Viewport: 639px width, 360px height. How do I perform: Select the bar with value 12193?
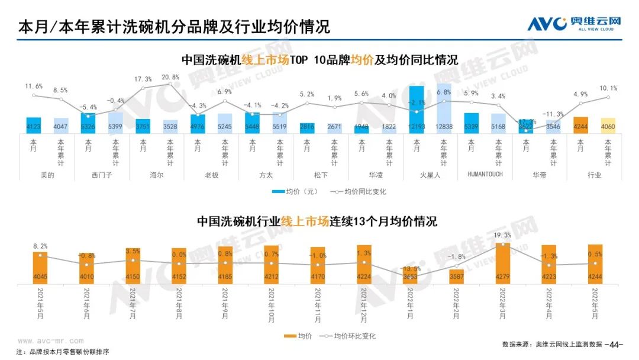(417, 110)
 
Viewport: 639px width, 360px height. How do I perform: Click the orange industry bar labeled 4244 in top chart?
(580, 125)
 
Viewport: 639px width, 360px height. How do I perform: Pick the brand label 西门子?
(102, 175)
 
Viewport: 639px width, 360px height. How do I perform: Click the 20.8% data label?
(170, 78)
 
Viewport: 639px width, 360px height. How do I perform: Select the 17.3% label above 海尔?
(143, 79)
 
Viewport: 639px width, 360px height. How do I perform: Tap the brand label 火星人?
(430, 175)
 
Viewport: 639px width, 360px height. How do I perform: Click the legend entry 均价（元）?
(295, 192)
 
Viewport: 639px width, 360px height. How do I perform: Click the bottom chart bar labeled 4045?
(40, 268)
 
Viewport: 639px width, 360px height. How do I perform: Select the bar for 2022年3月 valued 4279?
(502, 263)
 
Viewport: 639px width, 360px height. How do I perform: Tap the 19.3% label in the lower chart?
(502, 235)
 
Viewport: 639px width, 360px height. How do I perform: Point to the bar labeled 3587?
(456, 277)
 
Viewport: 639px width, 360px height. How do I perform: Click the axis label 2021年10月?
(271, 305)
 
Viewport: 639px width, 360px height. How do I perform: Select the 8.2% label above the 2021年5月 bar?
(40, 246)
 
